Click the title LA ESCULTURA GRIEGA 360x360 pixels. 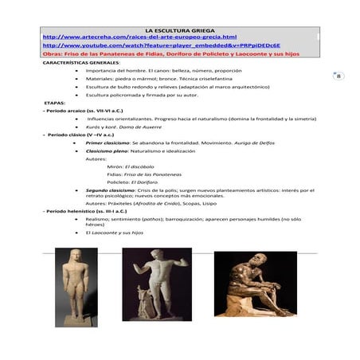(x=179, y=29)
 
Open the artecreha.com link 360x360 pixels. (x=139, y=37)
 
